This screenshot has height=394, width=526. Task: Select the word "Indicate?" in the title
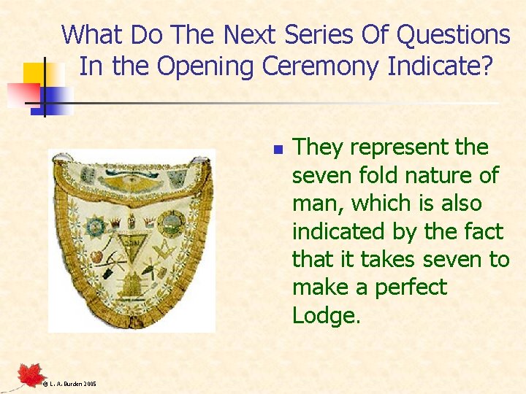tap(441, 66)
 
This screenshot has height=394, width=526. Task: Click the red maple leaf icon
tap(31, 374)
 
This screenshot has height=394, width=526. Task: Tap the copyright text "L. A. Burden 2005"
tap(69, 383)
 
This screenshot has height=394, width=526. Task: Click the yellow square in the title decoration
tap(34, 74)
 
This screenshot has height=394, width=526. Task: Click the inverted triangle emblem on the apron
tap(132, 243)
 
